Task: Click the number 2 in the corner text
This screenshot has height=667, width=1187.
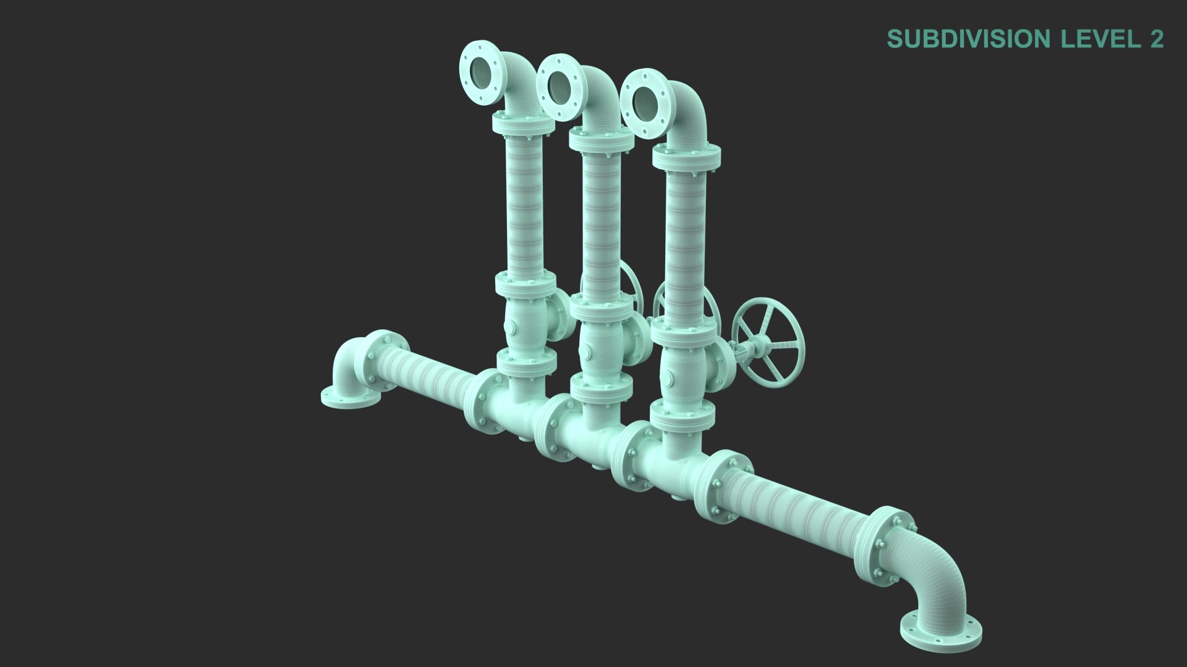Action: pyautogui.click(x=1156, y=39)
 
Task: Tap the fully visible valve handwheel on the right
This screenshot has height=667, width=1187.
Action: pyautogui.click(x=768, y=350)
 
